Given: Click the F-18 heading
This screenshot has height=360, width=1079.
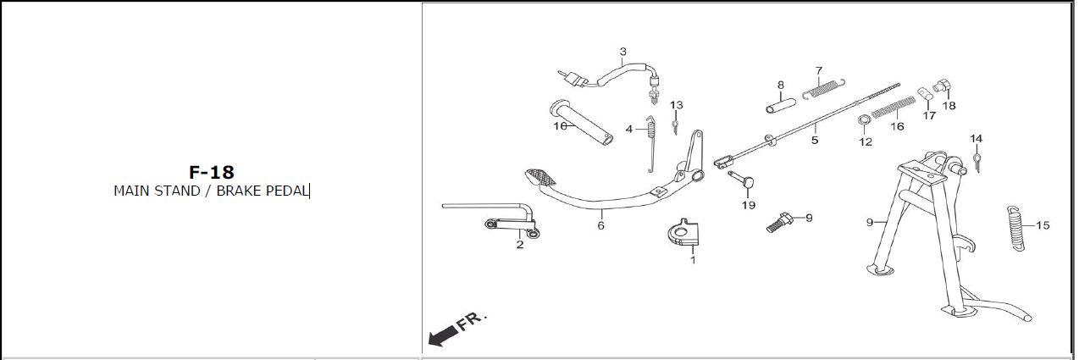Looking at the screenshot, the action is click(x=212, y=173).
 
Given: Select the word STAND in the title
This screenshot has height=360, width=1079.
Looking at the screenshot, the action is click(x=178, y=191).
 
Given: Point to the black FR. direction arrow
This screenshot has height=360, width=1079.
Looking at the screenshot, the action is click(x=443, y=335).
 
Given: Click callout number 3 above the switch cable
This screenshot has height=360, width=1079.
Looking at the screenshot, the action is click(x=622, y=52).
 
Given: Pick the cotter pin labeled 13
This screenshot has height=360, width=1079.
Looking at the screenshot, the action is click(x=675, y=126).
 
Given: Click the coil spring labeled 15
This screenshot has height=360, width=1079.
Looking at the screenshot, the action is click(x=1015, y=228).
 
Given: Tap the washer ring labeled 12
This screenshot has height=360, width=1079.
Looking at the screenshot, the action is click(x=864, y=119).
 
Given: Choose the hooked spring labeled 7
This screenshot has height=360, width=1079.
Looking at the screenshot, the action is click(x=824, y=89).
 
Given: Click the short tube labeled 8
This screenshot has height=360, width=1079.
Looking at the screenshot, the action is click(x=781, y=106).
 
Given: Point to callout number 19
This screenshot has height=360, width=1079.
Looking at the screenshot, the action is click(x=748, y=205).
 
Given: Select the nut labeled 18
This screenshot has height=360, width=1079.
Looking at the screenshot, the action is click(x=941, y=86).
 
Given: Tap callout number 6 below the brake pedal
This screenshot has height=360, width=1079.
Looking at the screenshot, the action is click(x=600, y=225).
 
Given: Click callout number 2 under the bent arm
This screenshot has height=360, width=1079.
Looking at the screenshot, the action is click(x=520, y=244).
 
